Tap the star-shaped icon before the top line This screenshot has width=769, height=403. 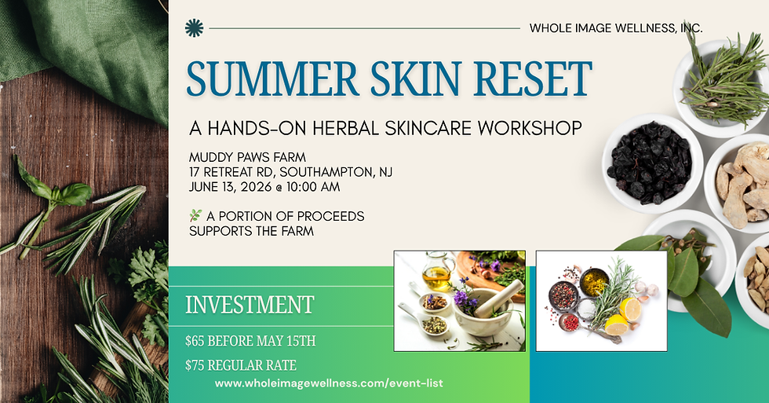[x=193, y=28]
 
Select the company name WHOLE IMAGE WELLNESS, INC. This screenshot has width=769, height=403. [x=616, y=28]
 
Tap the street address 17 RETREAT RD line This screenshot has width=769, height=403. [x=291, y=171]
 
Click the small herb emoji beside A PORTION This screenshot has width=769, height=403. [x=195, y=215]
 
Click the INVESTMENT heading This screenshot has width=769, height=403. [x=250, y=305]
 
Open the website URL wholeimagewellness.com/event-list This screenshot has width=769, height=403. [x=329, y=383]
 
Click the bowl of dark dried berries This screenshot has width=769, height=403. [x=651, y=163]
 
